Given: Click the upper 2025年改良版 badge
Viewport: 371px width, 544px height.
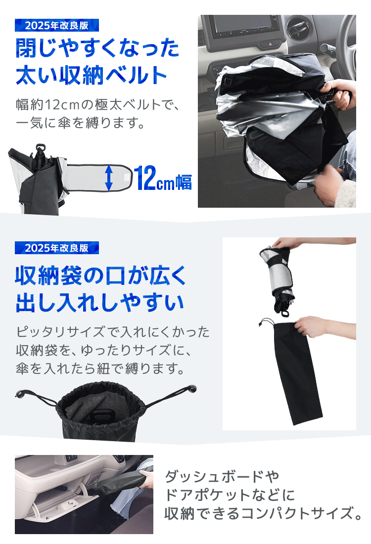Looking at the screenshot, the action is point(56,25).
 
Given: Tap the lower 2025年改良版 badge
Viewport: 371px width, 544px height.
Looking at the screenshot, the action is point(56,248).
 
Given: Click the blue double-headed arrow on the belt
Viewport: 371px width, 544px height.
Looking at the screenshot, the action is point(109,178).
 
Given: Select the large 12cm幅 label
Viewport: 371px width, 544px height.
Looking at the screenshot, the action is point(163,178).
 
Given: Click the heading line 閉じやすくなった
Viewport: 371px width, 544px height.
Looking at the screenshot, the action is point(97,48).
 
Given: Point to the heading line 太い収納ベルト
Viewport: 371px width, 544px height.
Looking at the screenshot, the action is point(92,75).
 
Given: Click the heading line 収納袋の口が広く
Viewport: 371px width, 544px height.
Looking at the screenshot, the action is point(100,276).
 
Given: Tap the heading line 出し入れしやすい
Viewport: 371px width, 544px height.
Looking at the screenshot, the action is point(99,302).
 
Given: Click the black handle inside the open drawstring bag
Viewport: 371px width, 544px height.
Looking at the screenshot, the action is point(102,414).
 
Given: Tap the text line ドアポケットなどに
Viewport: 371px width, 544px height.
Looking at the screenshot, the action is point(230,495).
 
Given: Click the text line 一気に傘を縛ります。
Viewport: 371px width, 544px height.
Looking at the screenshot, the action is point(80,123).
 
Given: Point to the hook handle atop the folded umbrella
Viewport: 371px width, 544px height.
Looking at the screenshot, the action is point(41,148).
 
